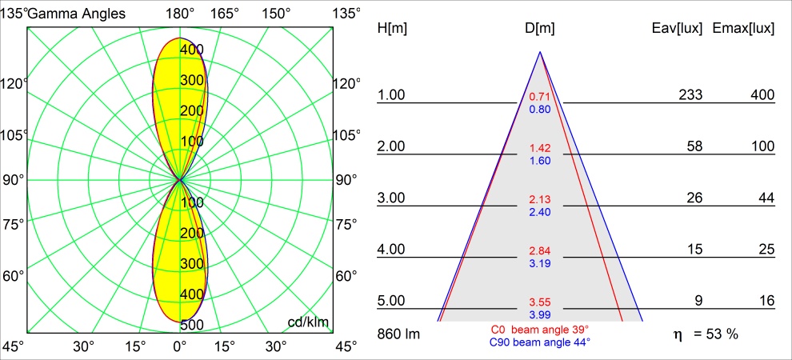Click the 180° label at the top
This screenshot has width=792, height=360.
[x=180, y=14]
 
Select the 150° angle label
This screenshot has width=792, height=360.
[x=275, y=14]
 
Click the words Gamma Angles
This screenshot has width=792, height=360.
[x=76, y=14]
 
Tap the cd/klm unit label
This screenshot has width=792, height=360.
[x=309, y=322]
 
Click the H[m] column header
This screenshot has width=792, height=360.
[x=392, y=28]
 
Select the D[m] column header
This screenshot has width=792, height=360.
[x=540, y=28]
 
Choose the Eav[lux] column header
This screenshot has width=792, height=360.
[x=678, y=28]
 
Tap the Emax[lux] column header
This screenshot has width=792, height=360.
[x=744, y=28]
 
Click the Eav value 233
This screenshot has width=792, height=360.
[x=690, y=95]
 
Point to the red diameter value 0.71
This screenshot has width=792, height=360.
[x=540, y=97]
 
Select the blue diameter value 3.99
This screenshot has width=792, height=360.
[x=540, y=315]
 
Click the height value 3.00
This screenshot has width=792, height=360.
[x=392, y=198]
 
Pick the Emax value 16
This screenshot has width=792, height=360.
[x=766, y=301]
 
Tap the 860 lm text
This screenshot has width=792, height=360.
[x=398, y=333]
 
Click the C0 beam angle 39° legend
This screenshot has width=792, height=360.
[x=540, y=330]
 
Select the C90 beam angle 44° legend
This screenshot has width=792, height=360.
[x=540, y=342]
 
